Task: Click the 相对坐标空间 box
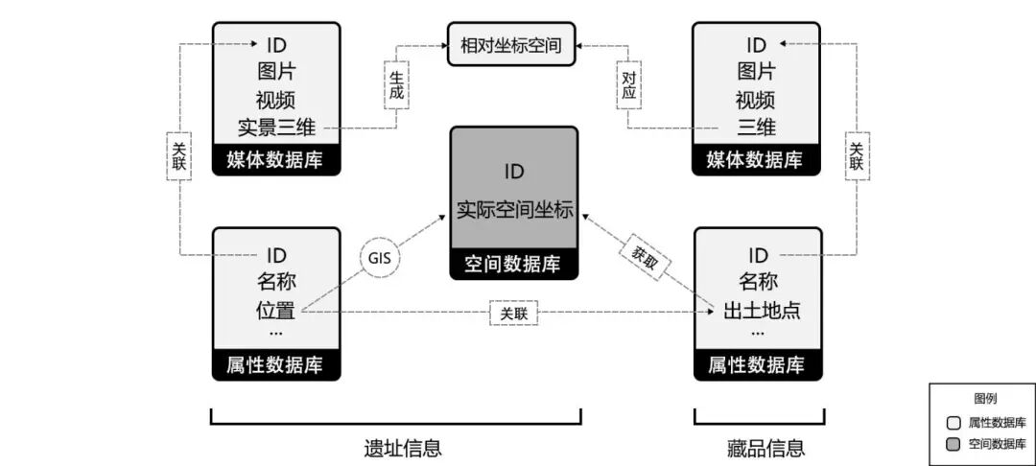pyautogui.click(x=511, y=44)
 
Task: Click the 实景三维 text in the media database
pyautogui.click(x=276, y=127)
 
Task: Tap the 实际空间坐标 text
pyautogui.click(x=514, y=210)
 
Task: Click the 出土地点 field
pyautogui.click(x=757, y=311)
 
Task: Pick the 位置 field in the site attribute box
pyautogui.click(x=276, y=311)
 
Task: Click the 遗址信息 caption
pyautogui.click(x=395, y=447)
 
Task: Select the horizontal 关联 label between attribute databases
pyautogui.click(x=514, y=313)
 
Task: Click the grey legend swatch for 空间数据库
pyautogui.click(x=954, y=444)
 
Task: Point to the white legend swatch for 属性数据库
pyautogui.click(x=954, y=422)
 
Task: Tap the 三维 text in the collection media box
pyautogui.click(x=757, y=127)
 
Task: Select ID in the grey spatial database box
pyautogui.click(x=514, y=173)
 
